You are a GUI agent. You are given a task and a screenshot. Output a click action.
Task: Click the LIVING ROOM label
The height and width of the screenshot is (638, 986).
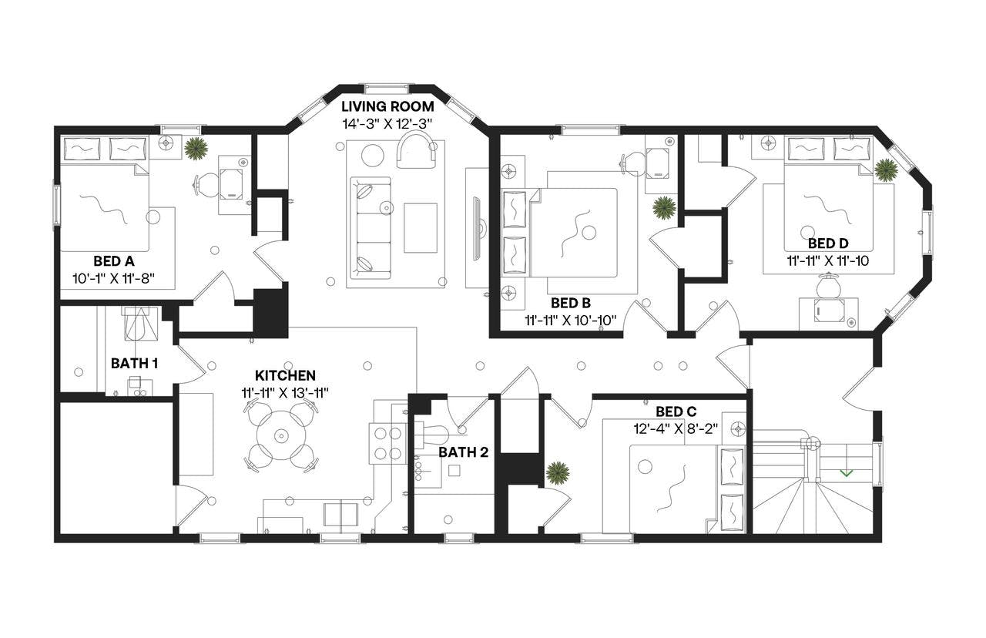coord(387,106)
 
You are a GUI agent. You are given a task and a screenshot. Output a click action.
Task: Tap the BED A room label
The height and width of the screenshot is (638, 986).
coord(113,260)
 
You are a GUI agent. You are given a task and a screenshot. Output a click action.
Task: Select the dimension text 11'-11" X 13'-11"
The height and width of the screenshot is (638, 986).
coord(285,392)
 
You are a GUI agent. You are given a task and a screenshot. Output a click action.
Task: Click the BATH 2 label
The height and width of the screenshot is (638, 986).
coord(463,452)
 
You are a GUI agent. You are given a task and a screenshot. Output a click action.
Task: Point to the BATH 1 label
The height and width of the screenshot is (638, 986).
coord(134,362)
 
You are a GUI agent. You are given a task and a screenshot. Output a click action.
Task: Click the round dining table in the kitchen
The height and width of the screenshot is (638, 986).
coord(280,436)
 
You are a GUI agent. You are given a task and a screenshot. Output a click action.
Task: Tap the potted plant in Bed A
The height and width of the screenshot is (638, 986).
coord(196,148)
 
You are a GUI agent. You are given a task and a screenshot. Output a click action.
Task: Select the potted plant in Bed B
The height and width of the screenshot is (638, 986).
coord(664,207)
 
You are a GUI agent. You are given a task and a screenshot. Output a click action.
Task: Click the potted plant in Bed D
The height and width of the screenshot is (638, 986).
coord(886,170)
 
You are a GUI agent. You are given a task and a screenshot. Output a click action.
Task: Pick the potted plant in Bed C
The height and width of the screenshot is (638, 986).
coord(558,472)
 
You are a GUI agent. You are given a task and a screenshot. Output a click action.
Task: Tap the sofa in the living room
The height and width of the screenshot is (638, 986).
coord(371,227)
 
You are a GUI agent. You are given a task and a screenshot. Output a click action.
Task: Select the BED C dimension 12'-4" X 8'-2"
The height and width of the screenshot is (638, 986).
coord(676,429)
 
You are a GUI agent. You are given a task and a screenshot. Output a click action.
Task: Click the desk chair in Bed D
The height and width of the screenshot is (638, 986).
coord(828,287)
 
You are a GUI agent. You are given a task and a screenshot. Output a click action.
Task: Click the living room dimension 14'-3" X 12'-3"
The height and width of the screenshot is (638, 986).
coord(387,123)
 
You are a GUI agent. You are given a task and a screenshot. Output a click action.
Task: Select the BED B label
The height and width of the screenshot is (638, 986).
coord(571,302)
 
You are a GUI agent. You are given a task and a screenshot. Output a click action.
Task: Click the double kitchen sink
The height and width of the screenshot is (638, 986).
coord(340,513)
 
